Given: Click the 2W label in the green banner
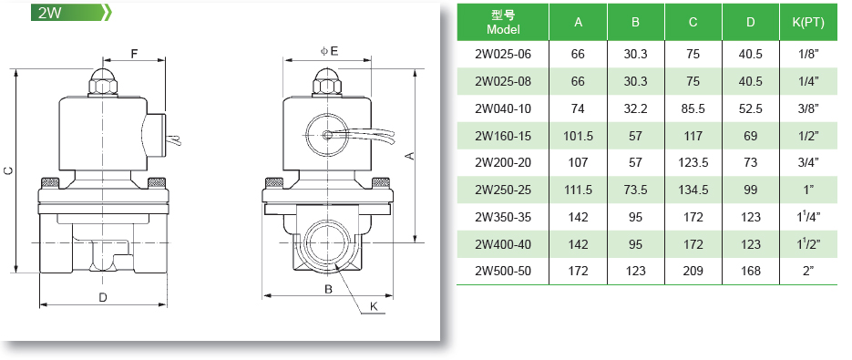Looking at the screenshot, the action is [49, 13].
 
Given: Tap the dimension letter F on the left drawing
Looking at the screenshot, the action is [134, 53].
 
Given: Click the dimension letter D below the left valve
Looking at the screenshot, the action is [102, 297].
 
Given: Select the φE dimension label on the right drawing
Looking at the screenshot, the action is [329, 51].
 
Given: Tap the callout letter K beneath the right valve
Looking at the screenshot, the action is [374, 307].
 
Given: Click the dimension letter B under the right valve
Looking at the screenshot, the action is [328, 289].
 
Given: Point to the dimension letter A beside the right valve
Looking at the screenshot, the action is [410, 156].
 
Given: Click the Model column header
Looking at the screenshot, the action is [503, 23].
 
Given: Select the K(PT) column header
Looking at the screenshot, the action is [808, 22].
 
